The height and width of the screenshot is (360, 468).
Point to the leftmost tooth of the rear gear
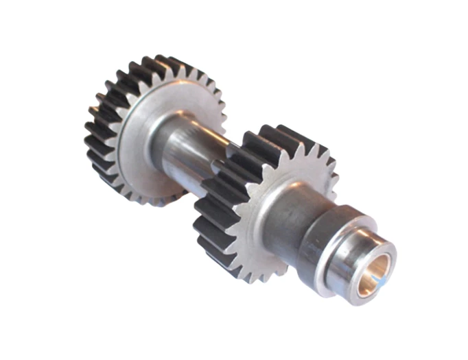(89, 130)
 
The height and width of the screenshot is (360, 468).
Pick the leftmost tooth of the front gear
(199, 206)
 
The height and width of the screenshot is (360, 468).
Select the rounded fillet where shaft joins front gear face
(264, 206)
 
